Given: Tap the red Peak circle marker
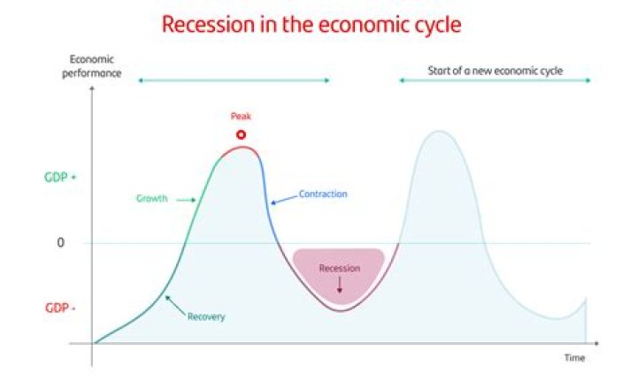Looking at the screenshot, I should [x=241, y=135].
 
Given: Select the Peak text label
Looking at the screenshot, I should [x=241, y=116].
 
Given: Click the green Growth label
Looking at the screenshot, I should [x=151, y=199].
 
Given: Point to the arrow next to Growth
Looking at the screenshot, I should [x=184, y=200].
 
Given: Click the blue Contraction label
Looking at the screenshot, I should [x=323, y=194].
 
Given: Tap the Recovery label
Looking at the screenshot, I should [x=206, y=316].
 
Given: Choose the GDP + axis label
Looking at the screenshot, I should [x=60, y=177].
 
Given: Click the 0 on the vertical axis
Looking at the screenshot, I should [x=61, y=242].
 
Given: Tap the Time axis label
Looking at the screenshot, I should [x=575, y=358].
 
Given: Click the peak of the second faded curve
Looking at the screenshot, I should [x=435, y=132].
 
